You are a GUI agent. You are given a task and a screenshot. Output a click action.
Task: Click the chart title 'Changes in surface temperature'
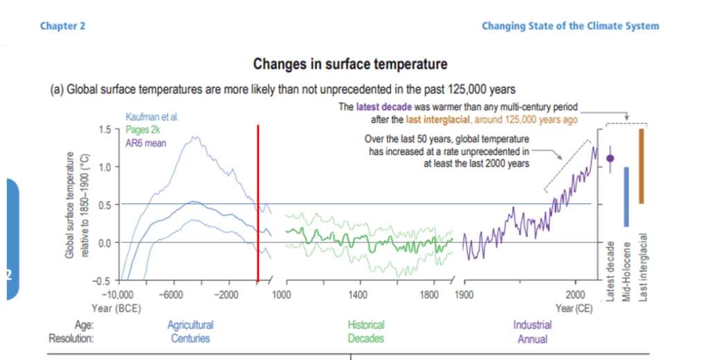[350, 64]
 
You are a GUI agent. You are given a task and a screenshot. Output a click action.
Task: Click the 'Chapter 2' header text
[62, 26]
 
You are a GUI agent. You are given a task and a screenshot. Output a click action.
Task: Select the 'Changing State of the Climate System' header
[570, 26]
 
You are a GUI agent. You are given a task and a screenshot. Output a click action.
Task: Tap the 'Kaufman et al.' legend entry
[152, 118]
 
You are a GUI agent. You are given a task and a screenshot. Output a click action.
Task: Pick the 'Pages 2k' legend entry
[143, 130]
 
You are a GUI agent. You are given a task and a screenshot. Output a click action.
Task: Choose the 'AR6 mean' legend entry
[145, 143]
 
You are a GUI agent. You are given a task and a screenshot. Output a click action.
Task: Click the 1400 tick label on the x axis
[358, 296]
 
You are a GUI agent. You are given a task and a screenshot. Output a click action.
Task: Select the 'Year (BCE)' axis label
[116, 307]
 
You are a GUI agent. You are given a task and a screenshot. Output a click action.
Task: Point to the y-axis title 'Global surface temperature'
[70, 205]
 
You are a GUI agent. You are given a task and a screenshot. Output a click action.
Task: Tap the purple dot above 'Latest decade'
[610, 158]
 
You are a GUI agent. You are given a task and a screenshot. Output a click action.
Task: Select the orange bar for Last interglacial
[642, 166]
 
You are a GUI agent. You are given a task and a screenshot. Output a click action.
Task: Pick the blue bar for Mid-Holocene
[626, 197]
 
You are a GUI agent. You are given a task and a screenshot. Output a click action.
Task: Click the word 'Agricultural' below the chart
[190, 325]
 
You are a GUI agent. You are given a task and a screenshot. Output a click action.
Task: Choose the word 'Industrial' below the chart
[532, 325]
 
